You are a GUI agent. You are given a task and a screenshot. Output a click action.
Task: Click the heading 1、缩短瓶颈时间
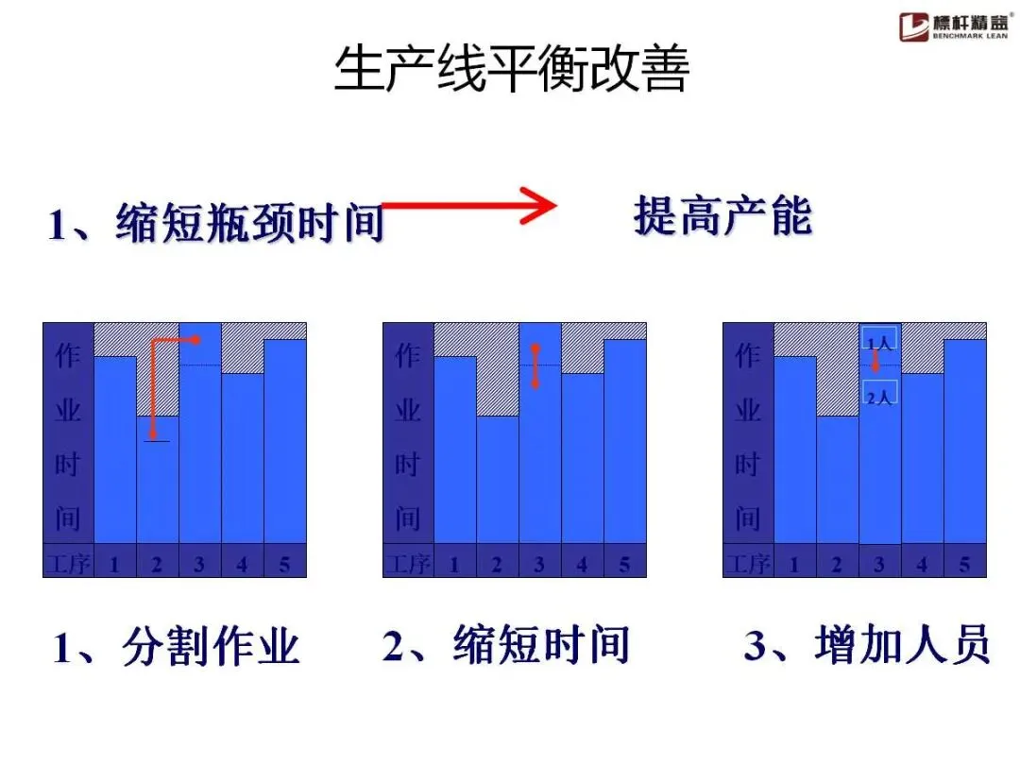click(216, 225)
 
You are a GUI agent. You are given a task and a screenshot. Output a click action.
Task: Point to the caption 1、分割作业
click(176, 649)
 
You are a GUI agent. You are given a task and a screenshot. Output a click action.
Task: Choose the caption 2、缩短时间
click(505, 647)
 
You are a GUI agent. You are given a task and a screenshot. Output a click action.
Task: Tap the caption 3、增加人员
click(867, 647)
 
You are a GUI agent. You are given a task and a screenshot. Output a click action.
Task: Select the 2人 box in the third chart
click(879, 397)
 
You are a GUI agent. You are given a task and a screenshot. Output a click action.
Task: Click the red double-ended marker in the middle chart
click(535, 366)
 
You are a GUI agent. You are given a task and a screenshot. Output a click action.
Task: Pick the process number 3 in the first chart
click(199, 565)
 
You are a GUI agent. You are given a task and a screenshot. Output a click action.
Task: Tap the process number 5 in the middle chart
click(624, 565)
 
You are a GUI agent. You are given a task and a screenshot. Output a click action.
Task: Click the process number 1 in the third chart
click(794, 565)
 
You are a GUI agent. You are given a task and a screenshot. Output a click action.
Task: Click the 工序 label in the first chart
click(67, 565)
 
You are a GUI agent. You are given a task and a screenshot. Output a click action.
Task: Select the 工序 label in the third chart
click(747, 565)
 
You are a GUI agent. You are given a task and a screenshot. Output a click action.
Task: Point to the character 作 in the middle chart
click(407, 356)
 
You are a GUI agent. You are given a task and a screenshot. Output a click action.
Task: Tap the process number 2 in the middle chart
click(497, 565)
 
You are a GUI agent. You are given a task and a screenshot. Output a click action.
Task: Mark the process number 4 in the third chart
click(922, 565)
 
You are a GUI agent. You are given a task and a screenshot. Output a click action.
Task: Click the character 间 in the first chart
click(67, 518)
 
